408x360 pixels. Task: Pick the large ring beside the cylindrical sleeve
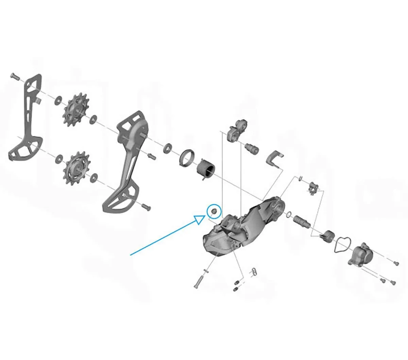[x=187, y=158]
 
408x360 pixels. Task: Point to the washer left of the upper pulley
[x=59, y=100]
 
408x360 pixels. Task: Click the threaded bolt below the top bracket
[x=252, y=148]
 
